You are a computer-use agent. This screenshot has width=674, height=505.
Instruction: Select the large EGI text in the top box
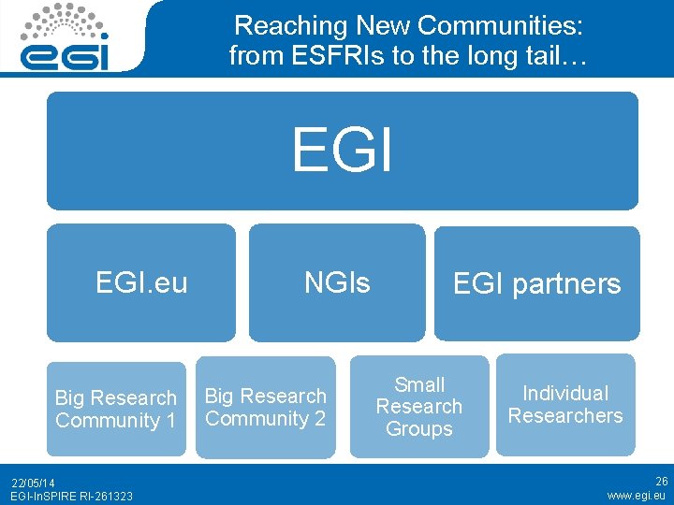point(342,150)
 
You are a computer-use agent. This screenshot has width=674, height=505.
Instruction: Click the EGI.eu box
point(141,282)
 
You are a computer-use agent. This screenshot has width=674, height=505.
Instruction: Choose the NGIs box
point(336,282)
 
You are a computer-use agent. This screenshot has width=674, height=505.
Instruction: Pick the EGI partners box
point(536,283)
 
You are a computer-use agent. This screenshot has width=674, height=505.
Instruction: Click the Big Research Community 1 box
point(116,409)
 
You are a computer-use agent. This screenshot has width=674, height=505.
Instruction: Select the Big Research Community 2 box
point(265,407)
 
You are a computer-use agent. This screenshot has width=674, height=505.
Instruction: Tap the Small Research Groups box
point(419,407)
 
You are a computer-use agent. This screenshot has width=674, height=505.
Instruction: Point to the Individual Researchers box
point(565,404)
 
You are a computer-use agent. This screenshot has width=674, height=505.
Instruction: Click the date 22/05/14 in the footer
point(34,483)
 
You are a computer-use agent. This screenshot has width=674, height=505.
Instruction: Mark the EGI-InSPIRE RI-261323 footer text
point(71,496)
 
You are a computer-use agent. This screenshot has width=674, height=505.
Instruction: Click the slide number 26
point(661,482)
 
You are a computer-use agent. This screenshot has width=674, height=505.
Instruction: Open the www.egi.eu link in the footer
point(637,496)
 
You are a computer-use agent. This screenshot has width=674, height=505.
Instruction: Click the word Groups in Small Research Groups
point(419,429)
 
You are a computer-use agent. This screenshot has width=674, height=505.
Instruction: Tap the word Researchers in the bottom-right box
point(565,416)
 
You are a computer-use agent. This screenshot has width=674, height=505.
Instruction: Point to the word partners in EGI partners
point(568,284)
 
